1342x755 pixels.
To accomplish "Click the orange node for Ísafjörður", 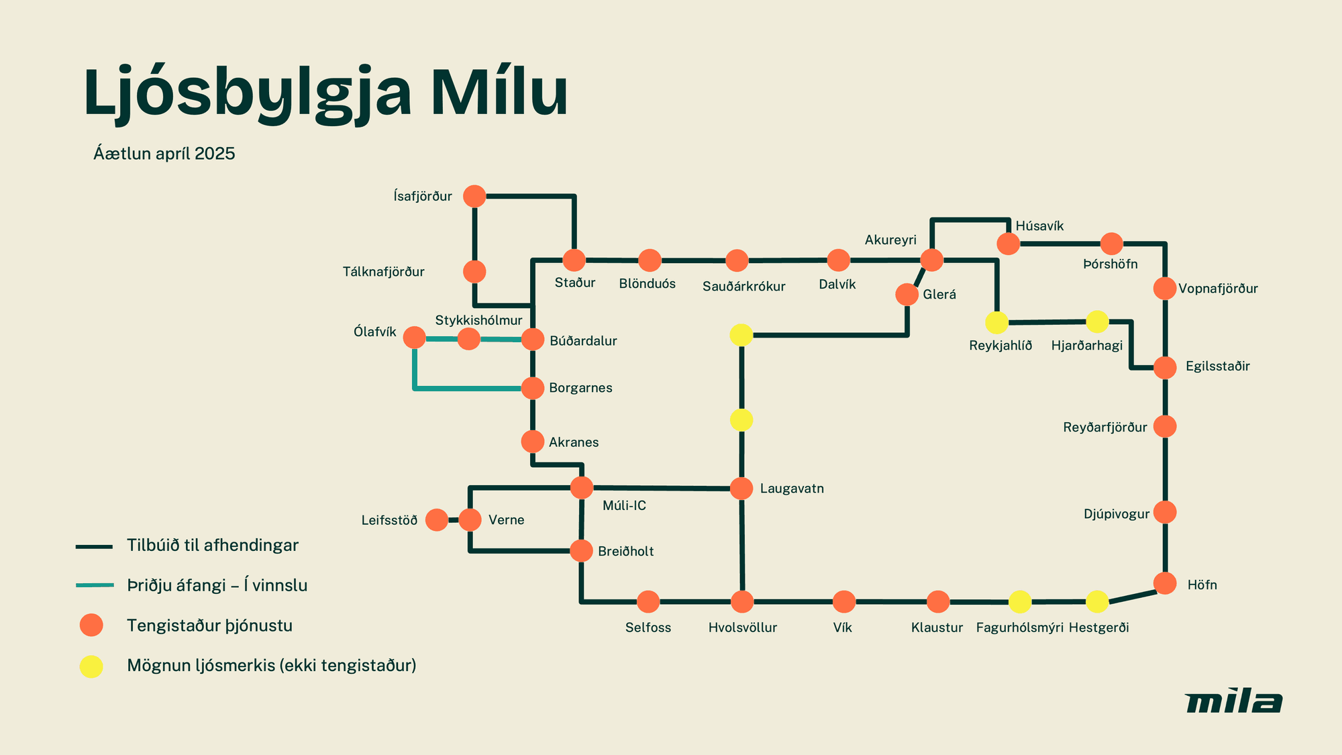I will pos(474,197).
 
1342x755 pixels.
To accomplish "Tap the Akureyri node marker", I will pos(931,260).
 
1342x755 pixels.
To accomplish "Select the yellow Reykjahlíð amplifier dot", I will pos(996,323).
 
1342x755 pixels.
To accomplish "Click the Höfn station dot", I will pos(1165,583).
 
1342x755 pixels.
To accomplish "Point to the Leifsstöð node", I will pos(437,519).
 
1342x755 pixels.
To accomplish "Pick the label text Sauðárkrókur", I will pos(743,287).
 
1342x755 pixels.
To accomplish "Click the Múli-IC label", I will pos(624,505).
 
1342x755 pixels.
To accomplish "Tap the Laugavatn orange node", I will pos(741,489).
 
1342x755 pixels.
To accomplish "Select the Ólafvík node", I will pos(415,338).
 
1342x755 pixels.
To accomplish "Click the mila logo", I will pos(1233,702).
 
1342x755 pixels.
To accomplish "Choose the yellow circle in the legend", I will pos(91,666).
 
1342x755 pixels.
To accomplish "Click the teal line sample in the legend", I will pos(95,585).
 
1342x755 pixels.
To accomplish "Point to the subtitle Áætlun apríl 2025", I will pos(164,154).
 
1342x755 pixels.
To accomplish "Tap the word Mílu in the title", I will pos(499,93).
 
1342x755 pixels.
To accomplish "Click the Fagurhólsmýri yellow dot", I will pos(1020,602).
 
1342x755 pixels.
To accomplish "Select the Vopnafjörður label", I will pos(1218,289).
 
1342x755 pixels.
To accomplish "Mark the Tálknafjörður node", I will pos(474,272).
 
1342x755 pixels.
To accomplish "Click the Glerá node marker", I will pos(907,295).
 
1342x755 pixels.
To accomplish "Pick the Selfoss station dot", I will pos(648,602).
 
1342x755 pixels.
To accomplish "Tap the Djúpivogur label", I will pos(1117,514).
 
